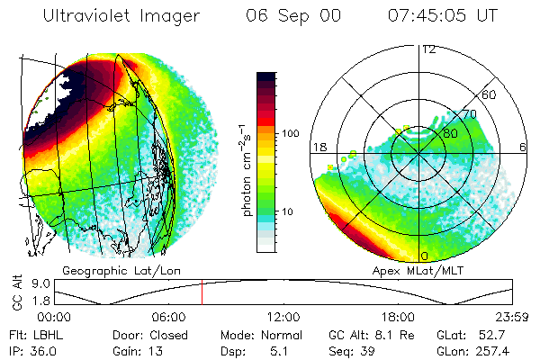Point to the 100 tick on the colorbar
[x=292, y=133]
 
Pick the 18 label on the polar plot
[x=318, y=147]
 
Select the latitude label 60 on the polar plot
[x=490, y=94]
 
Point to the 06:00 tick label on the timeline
[x=168, y=317]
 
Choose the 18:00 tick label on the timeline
[x=397, y=317]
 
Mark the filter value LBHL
[x=44, y=334]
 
